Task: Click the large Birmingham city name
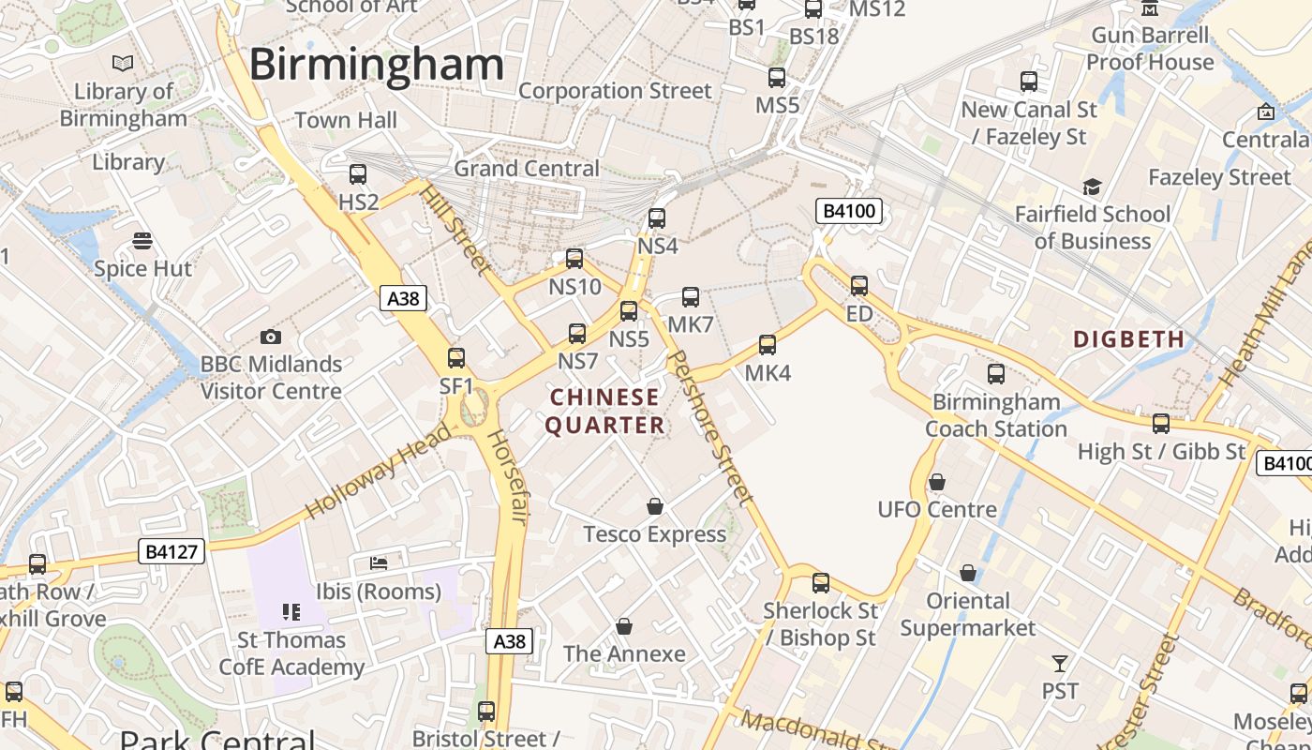pos(377,65)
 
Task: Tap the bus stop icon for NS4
pos(657,218)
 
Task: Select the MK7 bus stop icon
pos(691,297)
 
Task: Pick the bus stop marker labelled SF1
pos(456,357)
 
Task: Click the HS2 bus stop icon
pos(358,173)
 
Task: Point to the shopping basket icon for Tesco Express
pos(655,506)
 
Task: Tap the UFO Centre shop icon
pos(936,482)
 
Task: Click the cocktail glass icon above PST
pos(1060,664)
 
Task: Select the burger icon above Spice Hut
pos(142,241)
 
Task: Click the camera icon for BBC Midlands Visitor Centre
pos(271,337)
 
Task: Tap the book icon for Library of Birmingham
pos(123,64)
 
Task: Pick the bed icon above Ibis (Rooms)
pos(379,562)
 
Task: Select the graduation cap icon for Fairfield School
pos(1092,187)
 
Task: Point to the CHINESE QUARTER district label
pos(604,412)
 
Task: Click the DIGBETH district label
pos(1129,339)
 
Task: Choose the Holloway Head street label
pos(379,472)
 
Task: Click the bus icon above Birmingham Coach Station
pos(996,374)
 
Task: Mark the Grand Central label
pos(527,169)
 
